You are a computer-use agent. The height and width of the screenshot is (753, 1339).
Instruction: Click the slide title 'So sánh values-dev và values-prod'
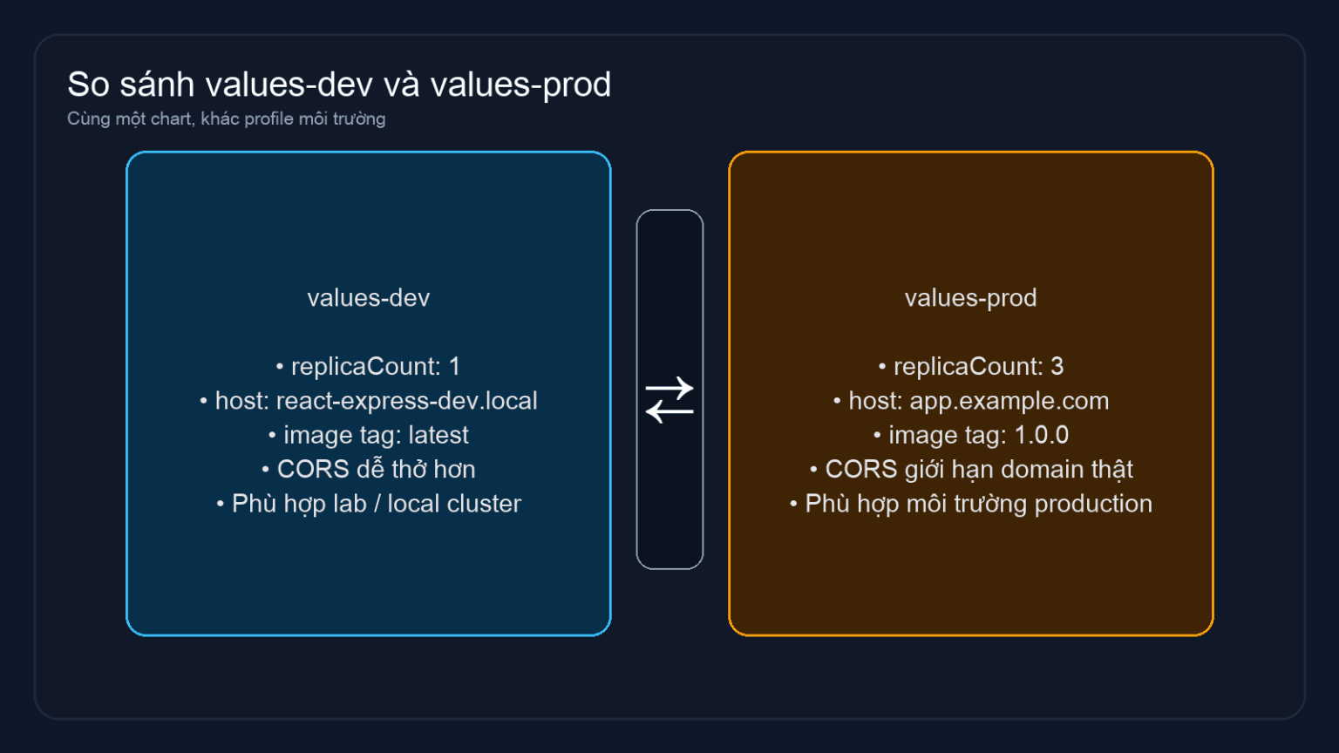[x=339, y=85]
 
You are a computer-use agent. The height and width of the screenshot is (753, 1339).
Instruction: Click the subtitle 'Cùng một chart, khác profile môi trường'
[x=226, y=119]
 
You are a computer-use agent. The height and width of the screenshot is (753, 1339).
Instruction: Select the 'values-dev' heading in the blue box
[x=368, y=298]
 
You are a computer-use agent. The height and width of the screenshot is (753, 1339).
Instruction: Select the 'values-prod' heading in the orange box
[x=970, y=298]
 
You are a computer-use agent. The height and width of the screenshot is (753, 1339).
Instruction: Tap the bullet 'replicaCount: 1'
[x=368, y=367]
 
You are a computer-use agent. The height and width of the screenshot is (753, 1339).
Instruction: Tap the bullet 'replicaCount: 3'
[x=970, y=367]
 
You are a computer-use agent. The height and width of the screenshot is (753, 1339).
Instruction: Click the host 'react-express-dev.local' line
[x=368, y=401]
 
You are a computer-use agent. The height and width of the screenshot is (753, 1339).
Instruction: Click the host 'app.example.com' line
[x=970, y=401]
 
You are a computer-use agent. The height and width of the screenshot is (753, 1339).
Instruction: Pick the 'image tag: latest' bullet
[x=368, y=435]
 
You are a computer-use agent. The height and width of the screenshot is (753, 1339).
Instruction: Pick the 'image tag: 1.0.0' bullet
[x=970, y=435]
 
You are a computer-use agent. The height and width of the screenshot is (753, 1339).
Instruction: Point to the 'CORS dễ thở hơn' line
[x=368, y=470]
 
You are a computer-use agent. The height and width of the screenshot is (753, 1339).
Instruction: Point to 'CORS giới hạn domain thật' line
[x=970, y=470]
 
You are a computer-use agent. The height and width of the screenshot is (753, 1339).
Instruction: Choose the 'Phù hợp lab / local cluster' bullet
[x=368, y=504]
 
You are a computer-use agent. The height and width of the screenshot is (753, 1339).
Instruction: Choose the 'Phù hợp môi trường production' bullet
[x=970, y=504]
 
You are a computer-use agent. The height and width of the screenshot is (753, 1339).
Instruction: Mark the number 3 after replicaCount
[x=1057, y=367]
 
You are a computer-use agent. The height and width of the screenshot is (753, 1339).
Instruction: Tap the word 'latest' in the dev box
[x=438, y=435]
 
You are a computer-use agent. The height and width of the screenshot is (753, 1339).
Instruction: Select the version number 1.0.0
[x=1041, y=435]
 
